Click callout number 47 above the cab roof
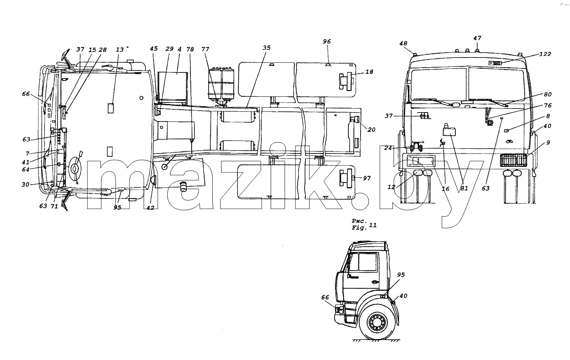pyautogui.click(x=477, y=38)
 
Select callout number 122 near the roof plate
pyautogui.click(x=545, y=54)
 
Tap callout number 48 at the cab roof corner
pyautogui.click(x=403, y=43)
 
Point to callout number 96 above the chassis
pyautogui.click(x=327, y=41)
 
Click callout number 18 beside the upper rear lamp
pyautogui.click(x=369, y=72)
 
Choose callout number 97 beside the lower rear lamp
pyautogui.click(x=367, y=178)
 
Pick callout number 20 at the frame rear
pyautogui.click(x=371, y=130)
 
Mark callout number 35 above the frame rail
pyautogui.click(x=267, y=48)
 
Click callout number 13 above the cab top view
pyautogui.click(x=120, y=50)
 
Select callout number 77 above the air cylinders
pyautogui.click(x=205, y=49)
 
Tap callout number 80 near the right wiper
pyautogui.click(x=548, y=94)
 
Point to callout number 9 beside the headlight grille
pyautogui.click(x=548, y=143)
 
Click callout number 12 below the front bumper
pyautogui.click(x=391, y=187)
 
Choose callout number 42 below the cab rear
pyautogui.click(x=150, y=208)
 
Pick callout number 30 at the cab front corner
pyautogui.click(x=25, y=184)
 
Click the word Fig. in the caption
pyautogui.click(x=359, y=228)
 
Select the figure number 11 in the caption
pyautogui.click(x=373, y=226)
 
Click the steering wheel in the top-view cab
pyautogui.click(x=75, y=168)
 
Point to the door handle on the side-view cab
pyautogui.click(x=375, y=281)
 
